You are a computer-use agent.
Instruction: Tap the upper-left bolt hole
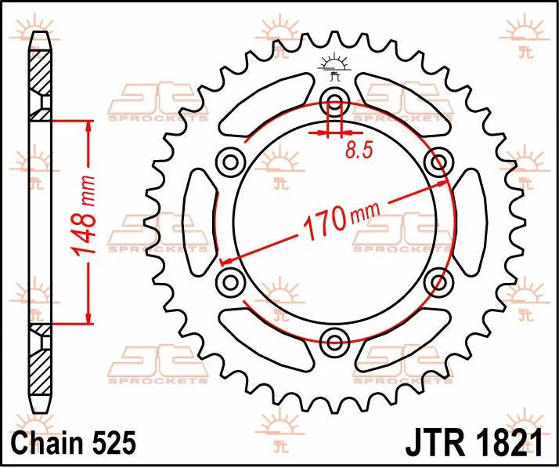(x=231, y=162)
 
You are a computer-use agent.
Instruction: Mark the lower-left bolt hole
(x=231, y=281)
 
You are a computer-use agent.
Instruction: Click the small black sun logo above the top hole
(x=335, y=67)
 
